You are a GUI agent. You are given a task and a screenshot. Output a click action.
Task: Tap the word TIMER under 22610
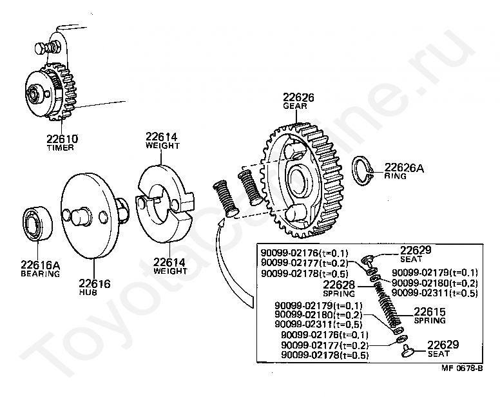coord(60,148)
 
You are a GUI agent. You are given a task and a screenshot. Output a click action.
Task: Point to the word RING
coord(396,176)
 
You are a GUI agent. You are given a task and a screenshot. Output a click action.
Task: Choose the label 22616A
coord(40,265)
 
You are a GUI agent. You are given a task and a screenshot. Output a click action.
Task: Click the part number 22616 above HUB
coord(94,283)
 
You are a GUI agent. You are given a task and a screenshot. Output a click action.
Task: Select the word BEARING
coord(40,274)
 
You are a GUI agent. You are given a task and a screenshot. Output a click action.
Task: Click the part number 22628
coord(339,285)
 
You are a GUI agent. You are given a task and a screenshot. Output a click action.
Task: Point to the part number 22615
coord(429,312)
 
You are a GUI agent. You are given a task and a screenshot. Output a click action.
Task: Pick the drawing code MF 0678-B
coord(462,369)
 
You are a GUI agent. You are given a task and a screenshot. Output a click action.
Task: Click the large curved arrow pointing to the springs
coord(222,258)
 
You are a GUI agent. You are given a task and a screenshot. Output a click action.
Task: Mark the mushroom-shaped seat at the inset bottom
coord(408,350)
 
